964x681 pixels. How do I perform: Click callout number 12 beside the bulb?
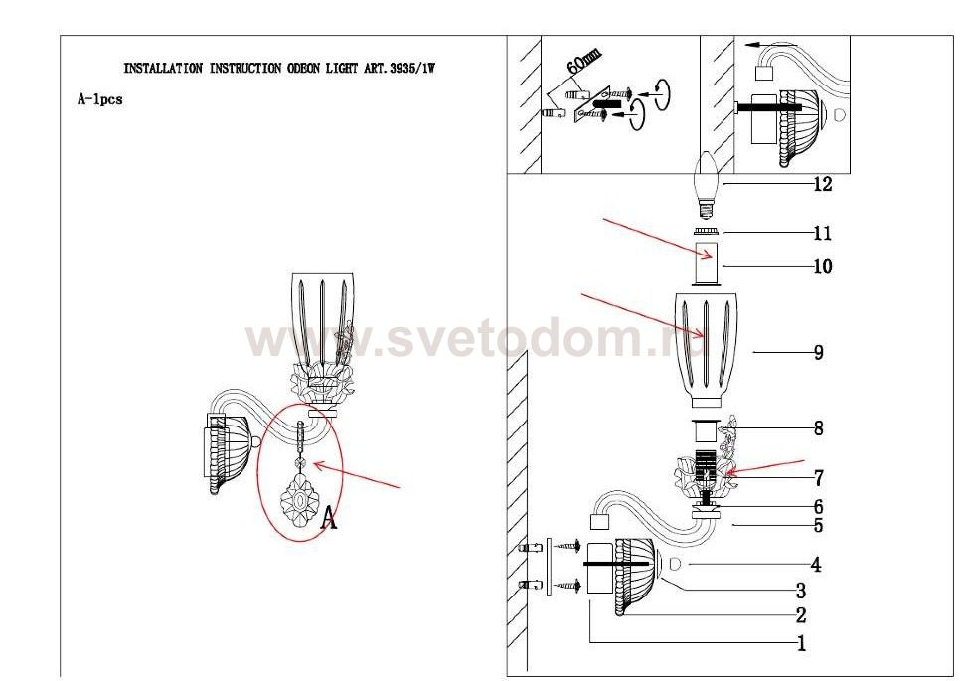pos(822,183)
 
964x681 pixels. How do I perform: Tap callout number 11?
pos(822,233)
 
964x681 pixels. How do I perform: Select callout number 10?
pos(822,266)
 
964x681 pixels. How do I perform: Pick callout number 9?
pos(818,352)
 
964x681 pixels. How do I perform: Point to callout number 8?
pos(818,428)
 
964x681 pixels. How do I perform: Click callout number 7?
pos(818,477)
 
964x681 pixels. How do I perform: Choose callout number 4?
pos(816,564)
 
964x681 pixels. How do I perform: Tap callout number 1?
pos(801,643)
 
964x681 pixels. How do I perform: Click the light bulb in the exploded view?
pos(707,184)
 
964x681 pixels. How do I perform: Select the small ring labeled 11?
pos(707,232)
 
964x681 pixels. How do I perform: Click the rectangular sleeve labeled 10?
pos(707,263)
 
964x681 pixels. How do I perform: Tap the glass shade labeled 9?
pos(706,349)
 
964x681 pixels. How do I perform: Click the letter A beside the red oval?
pos(329,517)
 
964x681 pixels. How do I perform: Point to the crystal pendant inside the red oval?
pos(299,479)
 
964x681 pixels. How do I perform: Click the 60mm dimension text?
pos(583,62)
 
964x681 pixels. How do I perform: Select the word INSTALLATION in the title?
pos(163,69)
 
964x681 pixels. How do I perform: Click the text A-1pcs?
pos(99,99)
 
